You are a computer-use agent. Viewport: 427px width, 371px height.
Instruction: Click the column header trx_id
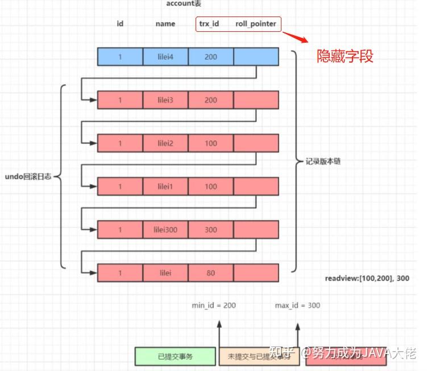[x=209, y=24]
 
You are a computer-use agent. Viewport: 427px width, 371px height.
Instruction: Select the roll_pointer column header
[x=256, y=24]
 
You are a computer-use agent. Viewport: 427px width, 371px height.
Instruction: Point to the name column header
[x=165, y=24]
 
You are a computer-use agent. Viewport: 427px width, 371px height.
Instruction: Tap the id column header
[x=120, y=24]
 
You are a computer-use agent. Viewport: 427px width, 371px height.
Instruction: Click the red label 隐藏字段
[x=345, y=56]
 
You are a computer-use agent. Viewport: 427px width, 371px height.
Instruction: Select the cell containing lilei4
[x=165, y=56]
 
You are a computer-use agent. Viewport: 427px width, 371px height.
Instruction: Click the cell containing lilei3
[x=165, y=100]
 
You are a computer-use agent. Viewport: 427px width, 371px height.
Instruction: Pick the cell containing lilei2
[x=165, y=143]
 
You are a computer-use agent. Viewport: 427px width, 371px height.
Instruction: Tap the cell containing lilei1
[x=165, y=187]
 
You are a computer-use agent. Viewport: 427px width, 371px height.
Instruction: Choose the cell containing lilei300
[x=165, y=230]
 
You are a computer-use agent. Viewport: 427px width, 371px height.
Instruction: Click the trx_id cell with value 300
[x=211, y=230]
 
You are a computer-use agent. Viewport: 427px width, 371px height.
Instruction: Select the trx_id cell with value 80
[x=211, y=273]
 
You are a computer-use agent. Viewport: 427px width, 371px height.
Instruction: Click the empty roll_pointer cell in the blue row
[x=256, y=56]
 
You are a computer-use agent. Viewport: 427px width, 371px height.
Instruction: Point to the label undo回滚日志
[x=28, y=176]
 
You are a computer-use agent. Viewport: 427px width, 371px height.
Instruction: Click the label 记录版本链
[x=322, y=162]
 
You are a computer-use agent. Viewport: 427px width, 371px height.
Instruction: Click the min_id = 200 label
[x=214, y=306]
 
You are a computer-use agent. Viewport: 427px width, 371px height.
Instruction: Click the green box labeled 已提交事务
[x=175, y=357]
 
